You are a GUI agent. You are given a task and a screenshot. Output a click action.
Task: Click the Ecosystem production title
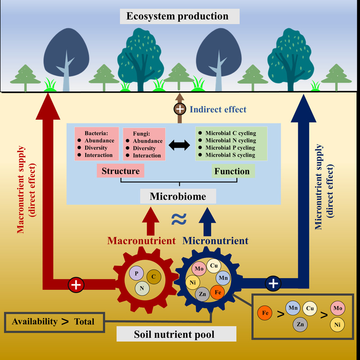pyautogui.click(x=178, y=17)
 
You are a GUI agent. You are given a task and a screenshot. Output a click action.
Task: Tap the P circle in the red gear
pyautogui.click(x=136, y=273)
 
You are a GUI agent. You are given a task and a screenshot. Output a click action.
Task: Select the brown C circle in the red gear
pyautogui.click(x=153, y=277)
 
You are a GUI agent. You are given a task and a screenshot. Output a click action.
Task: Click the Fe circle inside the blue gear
pyautogui.click(x=218, y=292)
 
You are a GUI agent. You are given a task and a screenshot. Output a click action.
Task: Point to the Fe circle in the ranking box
pyautogui.click(x=264, y=312)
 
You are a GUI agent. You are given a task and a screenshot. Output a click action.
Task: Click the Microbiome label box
pyautogui.click(x=178, y=196)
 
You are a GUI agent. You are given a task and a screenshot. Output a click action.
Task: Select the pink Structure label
pyautogui.click(x=120, y=171)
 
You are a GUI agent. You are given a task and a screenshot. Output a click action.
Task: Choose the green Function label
pyautogui.click(x=232, y=171)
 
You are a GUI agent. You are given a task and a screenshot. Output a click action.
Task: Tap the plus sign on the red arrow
pyautogui.click(x=76, y=284)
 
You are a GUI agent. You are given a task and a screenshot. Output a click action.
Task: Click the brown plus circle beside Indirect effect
pyautogui.click(x=180, y=109)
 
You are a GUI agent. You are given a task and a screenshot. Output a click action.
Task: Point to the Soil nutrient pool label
pyautogui.click(x=176, y=334)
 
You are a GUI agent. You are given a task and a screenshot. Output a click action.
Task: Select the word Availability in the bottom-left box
pyautogui.click(x=35, y=321)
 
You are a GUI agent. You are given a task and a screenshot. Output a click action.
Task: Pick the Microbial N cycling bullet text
pyautogui.click(x=230, y=140)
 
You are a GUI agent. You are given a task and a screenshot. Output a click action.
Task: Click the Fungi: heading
pyautogui.click(x=141, y=134)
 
